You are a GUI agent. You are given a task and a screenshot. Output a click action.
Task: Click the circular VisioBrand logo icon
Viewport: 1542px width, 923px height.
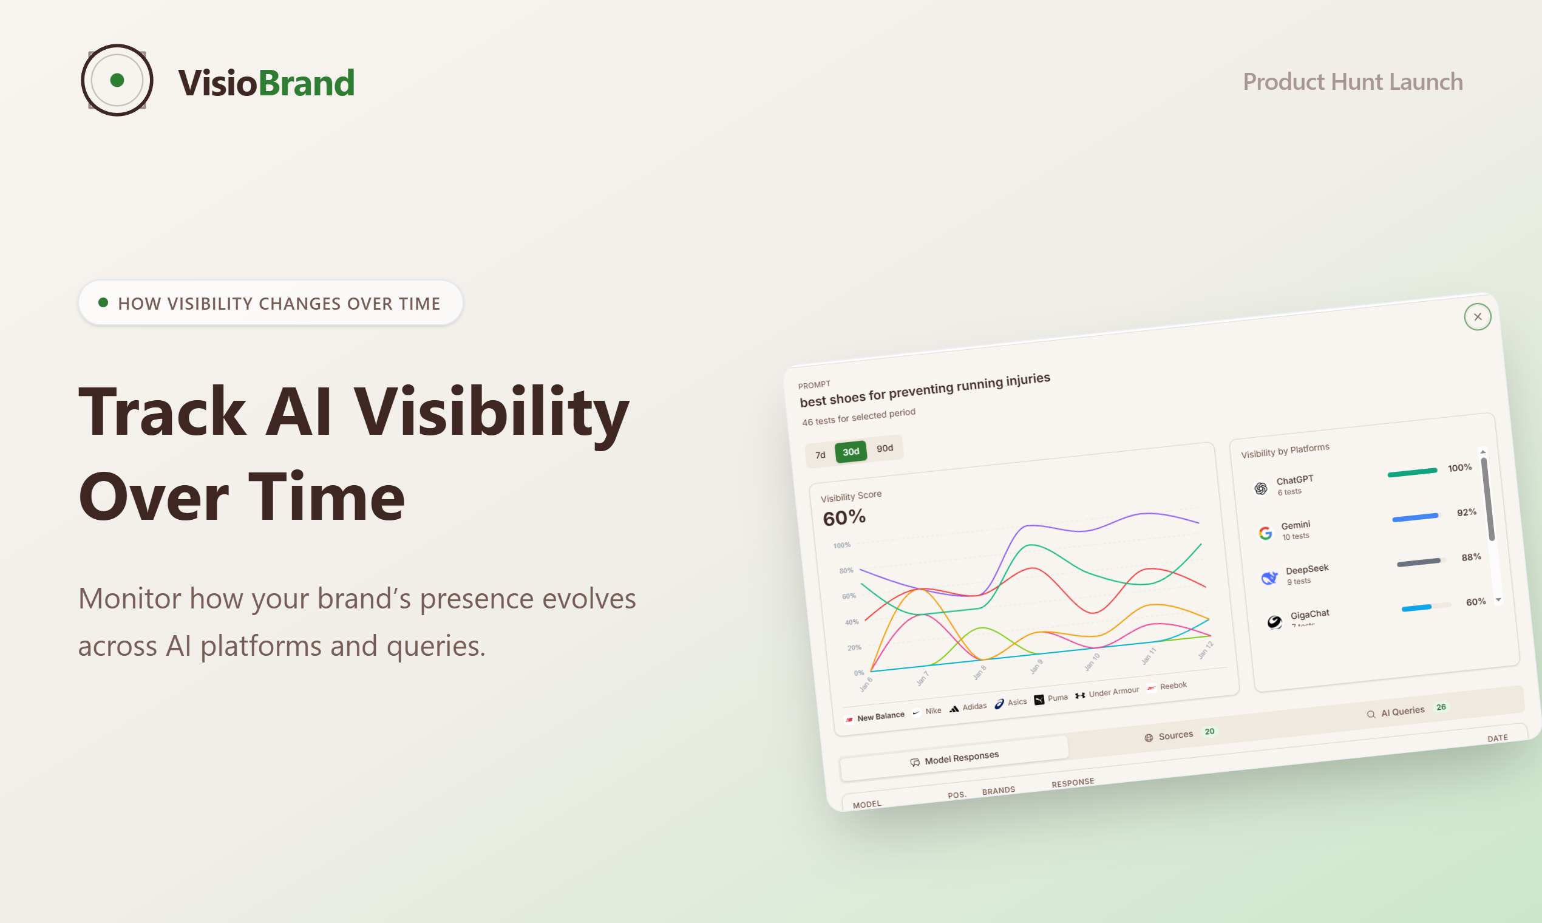point(117,80)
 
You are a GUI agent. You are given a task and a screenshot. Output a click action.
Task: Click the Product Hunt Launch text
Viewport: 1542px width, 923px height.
point(1353,81)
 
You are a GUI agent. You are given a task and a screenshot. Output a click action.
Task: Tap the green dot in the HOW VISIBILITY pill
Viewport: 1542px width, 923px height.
point(103,302)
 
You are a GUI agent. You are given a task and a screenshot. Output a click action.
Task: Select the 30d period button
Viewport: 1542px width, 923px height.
point(851,452)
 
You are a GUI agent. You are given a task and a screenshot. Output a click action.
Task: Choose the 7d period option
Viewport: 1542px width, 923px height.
point(820,455)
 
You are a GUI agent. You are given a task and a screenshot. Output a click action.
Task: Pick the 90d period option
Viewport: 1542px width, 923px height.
point(884,448)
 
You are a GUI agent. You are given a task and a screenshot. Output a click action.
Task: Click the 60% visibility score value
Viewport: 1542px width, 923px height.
point(844,517)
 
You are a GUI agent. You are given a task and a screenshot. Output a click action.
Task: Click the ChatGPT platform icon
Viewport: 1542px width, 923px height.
point(1260,488)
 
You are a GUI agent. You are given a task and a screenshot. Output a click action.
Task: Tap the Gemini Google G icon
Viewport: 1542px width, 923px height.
point(1265,533)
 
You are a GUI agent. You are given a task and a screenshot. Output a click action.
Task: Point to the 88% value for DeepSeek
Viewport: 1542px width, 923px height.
point(1470,557)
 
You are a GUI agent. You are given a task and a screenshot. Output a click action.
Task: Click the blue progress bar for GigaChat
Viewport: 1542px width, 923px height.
point(1416,608)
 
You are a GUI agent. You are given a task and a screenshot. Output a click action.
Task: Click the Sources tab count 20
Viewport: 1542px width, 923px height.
point(1209,732)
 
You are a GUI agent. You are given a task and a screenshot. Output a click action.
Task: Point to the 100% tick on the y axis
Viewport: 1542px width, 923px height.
point(841,545)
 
